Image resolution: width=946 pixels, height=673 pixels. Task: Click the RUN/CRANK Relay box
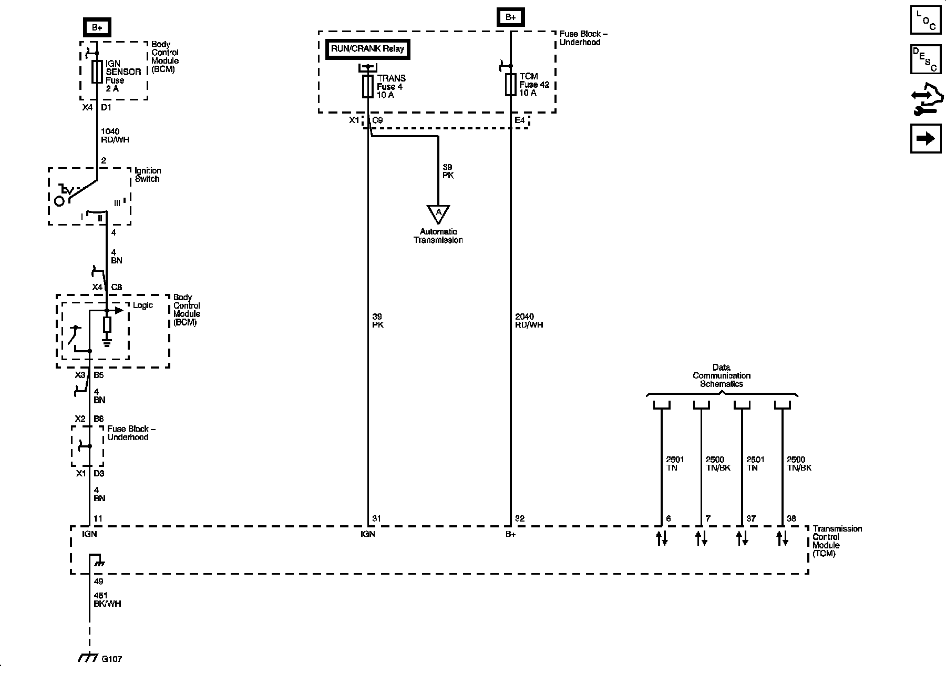pos(367,49)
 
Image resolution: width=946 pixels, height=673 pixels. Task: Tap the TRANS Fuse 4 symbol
pos(368,86)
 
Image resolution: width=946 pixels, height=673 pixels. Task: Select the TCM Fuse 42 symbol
pos(510,85)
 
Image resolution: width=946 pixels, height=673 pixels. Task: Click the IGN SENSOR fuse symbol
pos(97,72)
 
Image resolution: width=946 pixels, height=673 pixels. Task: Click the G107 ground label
pos(112,659)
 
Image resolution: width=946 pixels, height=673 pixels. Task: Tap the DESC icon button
pos(926,59)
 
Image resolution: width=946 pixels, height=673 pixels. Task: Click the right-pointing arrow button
pos(926,138)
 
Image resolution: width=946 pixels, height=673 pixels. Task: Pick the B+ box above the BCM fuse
pos(97,27)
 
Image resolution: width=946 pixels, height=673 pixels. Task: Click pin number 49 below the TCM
pos(98,582)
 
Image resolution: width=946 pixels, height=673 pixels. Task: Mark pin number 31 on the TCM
pos(376,518)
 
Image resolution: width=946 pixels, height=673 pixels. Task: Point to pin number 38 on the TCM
pos(791,518)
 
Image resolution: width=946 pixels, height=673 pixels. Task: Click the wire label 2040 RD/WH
pos(529,321)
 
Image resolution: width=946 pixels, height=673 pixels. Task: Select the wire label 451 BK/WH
pos(107,600)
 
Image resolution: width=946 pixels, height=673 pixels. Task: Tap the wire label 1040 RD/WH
pos(115,136)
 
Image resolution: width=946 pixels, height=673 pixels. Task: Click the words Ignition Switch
pos(148,175)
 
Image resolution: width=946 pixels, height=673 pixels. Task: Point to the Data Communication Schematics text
pos(722,375)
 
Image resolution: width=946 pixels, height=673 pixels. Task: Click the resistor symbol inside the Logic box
pos(107,324)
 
